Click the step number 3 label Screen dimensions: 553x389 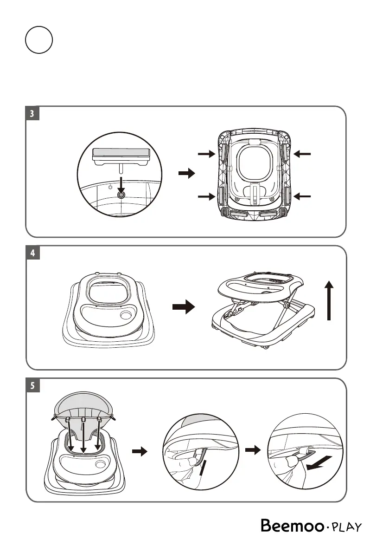32,114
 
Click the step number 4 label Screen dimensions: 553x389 32,254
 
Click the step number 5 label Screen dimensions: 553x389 32,386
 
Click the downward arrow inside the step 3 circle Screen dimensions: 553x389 121,186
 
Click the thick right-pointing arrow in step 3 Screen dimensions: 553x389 187,174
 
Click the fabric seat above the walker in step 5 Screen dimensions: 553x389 83,404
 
